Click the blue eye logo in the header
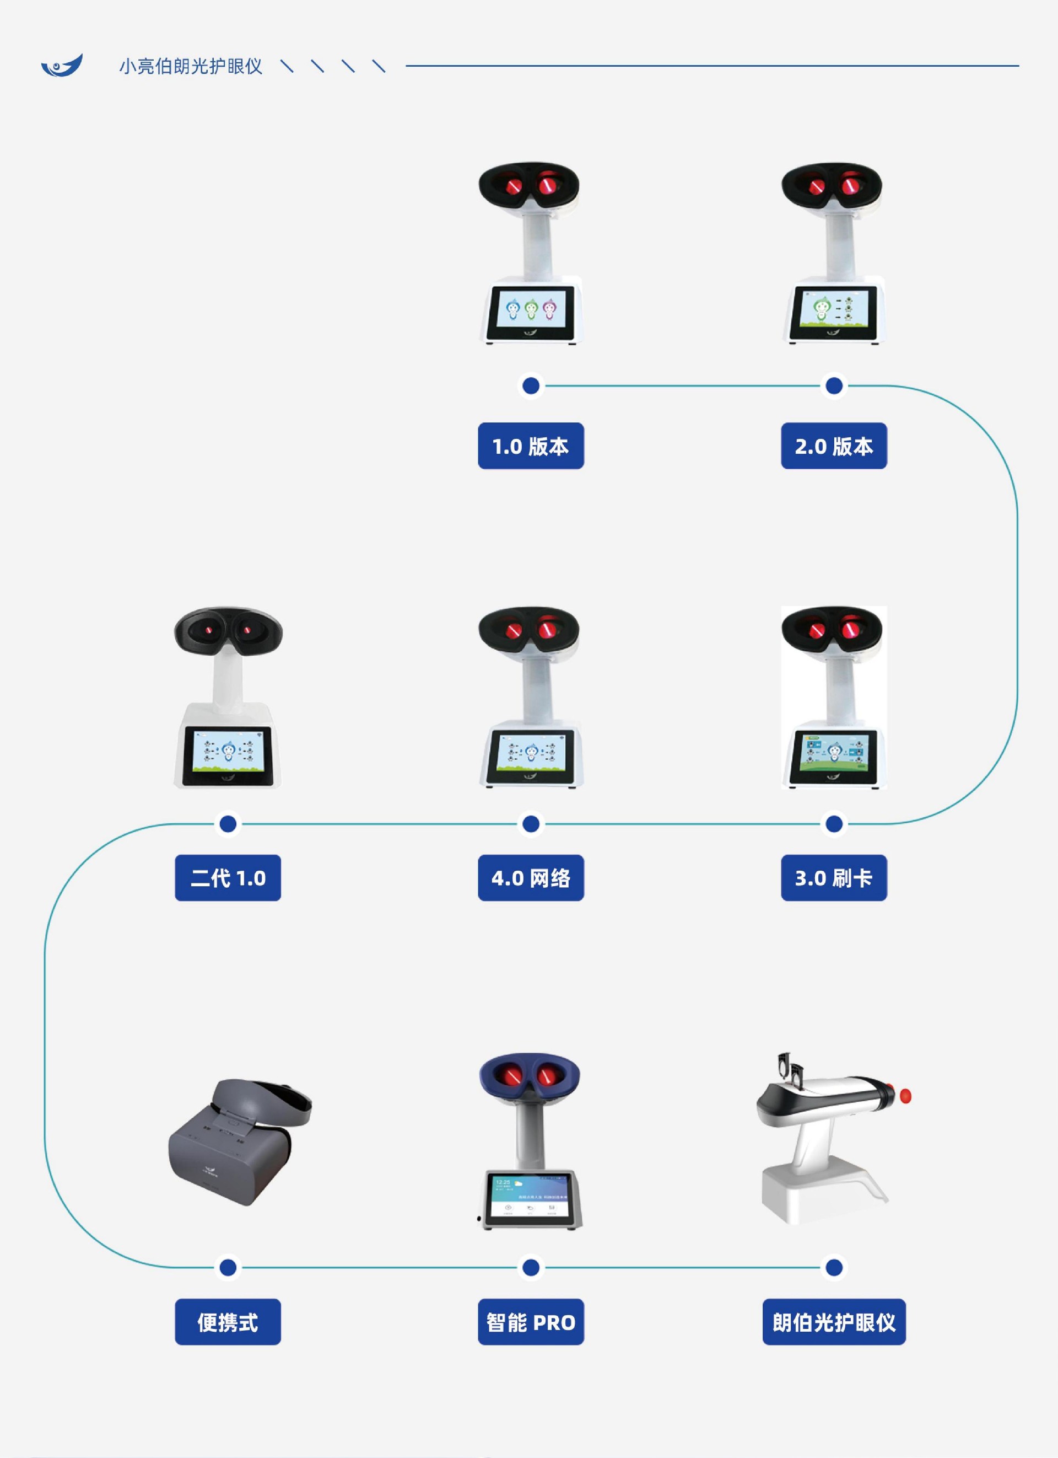[x=62, y=65]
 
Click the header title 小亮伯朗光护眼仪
[x=190, y=66]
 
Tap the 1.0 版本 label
[x=531, y=446]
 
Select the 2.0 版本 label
[x=834, y=446]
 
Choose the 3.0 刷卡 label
[x=834, y=877]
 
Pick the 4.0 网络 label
[x=531, y=877]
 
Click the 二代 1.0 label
[x=228, y=877]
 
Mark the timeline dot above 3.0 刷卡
[x=834, y=823]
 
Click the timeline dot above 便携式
[x=228, y=1268]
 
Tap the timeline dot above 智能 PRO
[x=531, y=1268]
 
